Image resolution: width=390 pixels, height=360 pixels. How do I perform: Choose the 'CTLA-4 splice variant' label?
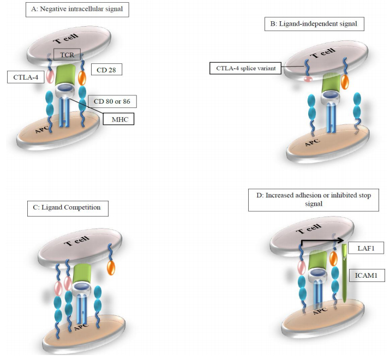point(245,68)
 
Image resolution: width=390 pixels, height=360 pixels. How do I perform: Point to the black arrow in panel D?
point(321,239)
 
